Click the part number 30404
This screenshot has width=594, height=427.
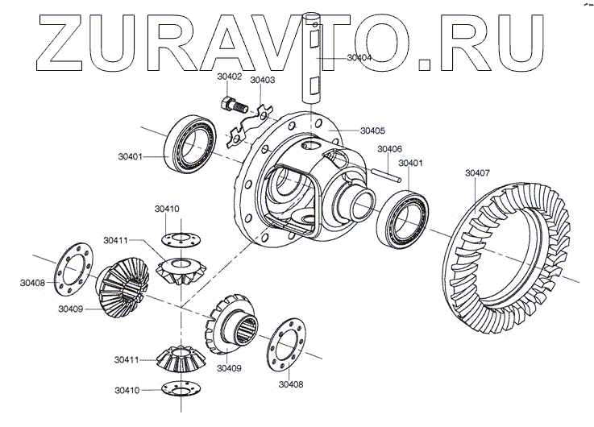point(359,58)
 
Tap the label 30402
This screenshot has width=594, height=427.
point(230,77)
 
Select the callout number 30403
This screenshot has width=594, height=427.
point(262,81)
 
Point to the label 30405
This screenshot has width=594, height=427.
point(372,131)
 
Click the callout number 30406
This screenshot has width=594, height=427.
point(389,150)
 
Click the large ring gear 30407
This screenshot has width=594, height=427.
point(508,250)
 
